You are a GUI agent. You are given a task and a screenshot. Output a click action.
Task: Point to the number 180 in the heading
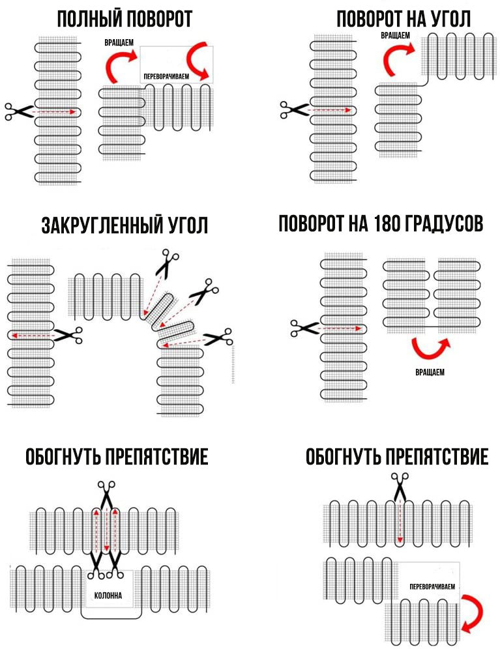(387, 224)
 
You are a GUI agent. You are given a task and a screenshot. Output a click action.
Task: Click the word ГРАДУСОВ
(447, 224)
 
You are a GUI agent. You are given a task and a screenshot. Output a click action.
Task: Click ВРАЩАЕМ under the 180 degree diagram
(430, 371)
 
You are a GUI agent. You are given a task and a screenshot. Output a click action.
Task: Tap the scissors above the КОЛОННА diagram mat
(106, 494)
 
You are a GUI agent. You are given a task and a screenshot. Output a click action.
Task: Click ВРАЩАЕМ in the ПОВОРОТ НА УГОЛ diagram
(396, 36)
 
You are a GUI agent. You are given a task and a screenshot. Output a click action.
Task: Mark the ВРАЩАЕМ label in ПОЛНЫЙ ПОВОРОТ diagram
(119, 42)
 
